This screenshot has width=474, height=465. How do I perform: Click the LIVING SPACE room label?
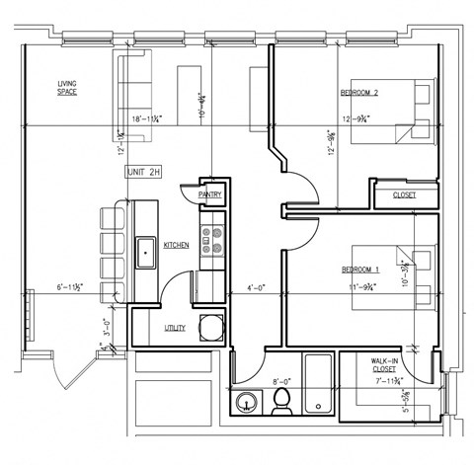pyautogui.click(x=67, y=88)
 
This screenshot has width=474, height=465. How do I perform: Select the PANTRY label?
pyautogui.click(x=209, y=195)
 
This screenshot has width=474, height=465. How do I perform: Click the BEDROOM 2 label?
pyautogui.click(x=360, y=93)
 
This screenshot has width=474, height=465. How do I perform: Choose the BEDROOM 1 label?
pyautogui.click(x=360, y=270)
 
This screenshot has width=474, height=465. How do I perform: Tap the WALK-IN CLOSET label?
pyautogui.click(x=384, y=370)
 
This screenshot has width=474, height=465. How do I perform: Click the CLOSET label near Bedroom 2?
pyautogui.click(x=404, y=195)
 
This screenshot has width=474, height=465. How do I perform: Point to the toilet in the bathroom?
pyautogui.click(x=280, y=400)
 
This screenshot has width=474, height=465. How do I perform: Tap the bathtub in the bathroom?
pyautogui.click(x=318, y=383)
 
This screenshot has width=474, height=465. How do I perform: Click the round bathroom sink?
pyautogui.click(x=247, y=403)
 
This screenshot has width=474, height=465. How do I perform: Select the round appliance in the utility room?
pyautogui.click(x=211, y=326)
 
